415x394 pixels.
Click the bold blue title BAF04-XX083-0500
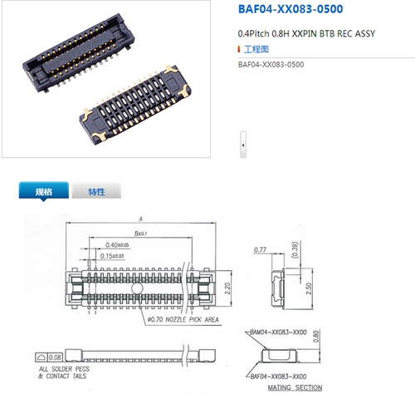coord(291,10)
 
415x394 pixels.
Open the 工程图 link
coord(254,50)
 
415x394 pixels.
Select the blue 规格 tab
coord(43,191)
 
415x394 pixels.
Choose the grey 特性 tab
coord(96,191)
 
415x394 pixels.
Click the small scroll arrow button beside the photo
coord(242,145)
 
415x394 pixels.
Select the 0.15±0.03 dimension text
coord(115,256)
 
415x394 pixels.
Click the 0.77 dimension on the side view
coord(260,249)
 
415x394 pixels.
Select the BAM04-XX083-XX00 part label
coord(281,332)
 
